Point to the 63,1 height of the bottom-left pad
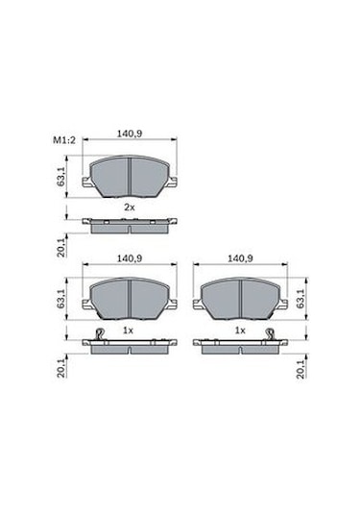[61, 298]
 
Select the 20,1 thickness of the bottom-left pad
[61, 368]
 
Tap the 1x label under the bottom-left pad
[129, 330]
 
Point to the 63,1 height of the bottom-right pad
[306, 298]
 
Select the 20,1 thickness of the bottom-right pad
[306, 368]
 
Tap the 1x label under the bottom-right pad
[240, 330]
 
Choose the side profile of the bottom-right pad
[240, 344]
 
